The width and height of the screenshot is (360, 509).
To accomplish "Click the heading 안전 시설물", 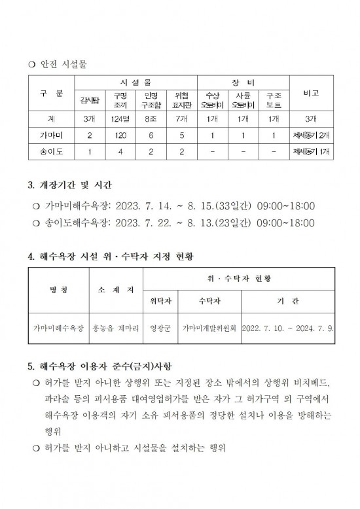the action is pyautogui.click(x=63, y=64).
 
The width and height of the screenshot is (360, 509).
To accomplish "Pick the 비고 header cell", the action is pyautogui.click(x=312, y=94).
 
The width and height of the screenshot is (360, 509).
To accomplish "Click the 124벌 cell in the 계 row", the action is pyautogui.click(x=120, y=119).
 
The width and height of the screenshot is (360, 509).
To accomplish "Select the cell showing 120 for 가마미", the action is pyautogui.click(x=120, y=135).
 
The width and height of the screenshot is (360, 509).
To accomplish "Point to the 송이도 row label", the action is pyautogui.click(x=50, y=152).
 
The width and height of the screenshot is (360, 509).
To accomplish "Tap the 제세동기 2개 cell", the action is pyautogui.click(x=312, y=135).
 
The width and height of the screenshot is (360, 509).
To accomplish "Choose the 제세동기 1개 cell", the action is pyautogui.click(x=312, y=152).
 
